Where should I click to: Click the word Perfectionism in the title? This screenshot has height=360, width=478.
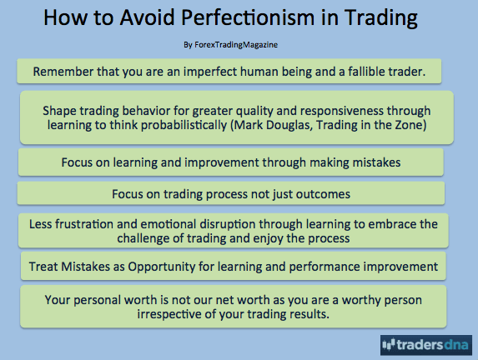pos(248,17)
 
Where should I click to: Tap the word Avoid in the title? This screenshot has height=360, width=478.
pos(148,17)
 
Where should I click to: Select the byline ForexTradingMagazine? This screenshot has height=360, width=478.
pos(236,45)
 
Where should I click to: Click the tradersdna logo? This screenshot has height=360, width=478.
pos(426,345)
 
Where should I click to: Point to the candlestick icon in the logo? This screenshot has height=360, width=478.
pos(389,344)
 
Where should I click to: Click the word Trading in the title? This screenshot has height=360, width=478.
pos(381,17)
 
